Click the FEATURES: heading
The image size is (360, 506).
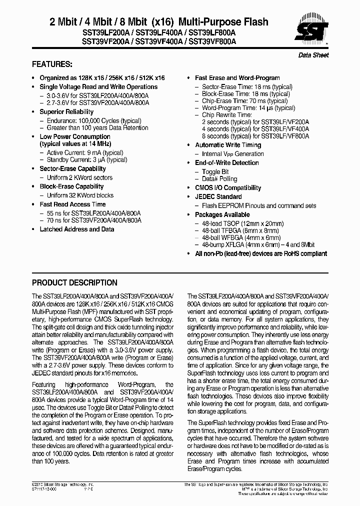[52, 64]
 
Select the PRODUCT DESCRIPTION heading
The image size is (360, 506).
[74, 282]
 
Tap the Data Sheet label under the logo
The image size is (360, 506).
[313, 55]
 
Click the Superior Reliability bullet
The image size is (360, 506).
[66, 111]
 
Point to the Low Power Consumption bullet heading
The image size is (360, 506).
[75, 136]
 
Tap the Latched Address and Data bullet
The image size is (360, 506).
[76, 229]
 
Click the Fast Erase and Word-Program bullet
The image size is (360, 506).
[237, 78]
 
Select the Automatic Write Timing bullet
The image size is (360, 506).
[228, 145]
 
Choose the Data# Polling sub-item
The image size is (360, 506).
[219, 179]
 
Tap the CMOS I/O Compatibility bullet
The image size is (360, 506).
[228, 188]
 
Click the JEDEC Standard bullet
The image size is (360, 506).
[218, 197]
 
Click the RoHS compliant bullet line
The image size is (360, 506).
[261, 253]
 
